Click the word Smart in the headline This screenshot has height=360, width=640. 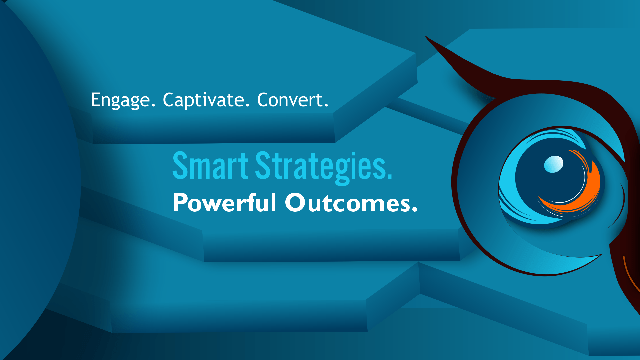210,166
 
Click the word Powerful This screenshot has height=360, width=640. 224,203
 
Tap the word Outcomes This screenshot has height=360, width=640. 350,203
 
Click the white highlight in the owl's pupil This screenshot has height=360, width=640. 554,164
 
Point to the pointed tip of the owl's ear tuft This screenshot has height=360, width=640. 427,37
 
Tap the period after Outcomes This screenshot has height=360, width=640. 414,210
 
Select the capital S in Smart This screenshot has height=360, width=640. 180,166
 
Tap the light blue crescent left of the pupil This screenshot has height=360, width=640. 508,187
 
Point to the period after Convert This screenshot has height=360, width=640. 326,106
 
